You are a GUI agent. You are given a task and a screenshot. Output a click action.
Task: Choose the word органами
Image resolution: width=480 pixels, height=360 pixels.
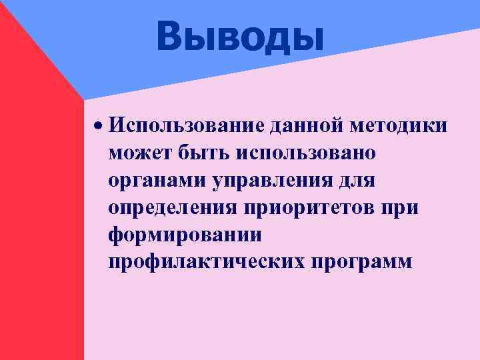[x=157, y=180]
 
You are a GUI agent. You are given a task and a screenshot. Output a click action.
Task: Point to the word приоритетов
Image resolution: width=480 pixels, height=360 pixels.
[x=311, y=207]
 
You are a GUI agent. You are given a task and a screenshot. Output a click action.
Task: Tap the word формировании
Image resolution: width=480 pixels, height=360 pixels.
[x=185, y=235]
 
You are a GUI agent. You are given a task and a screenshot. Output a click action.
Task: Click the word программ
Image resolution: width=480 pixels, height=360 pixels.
[x=362, y=262]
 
